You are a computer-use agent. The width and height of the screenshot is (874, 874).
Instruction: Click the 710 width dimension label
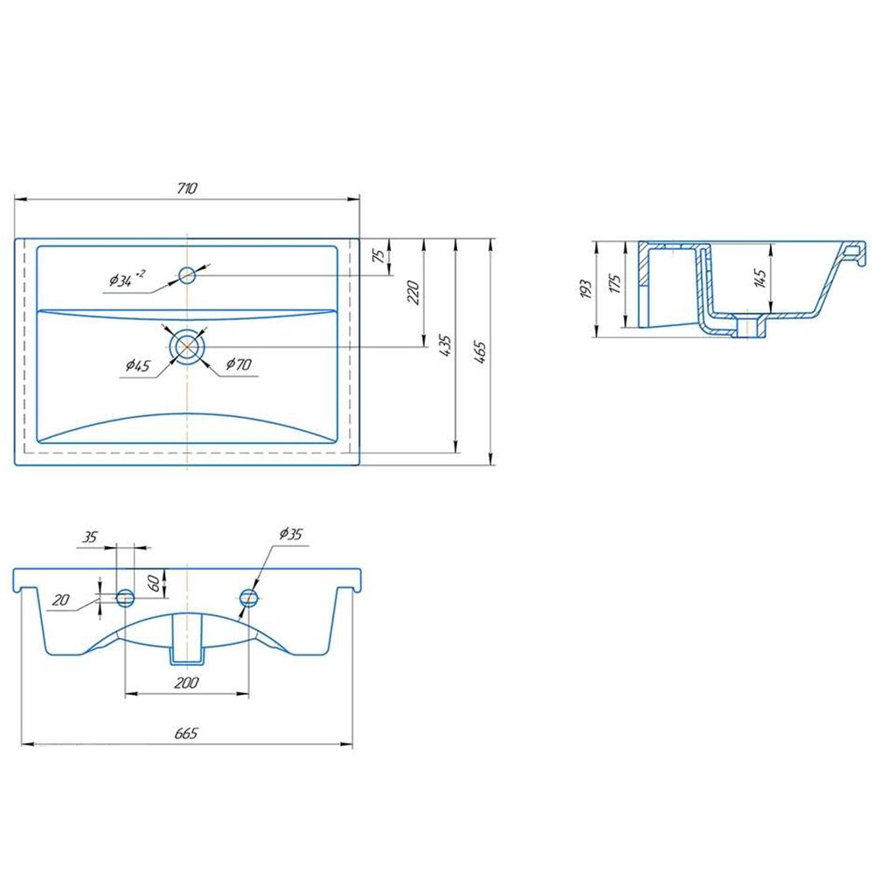(187, 189)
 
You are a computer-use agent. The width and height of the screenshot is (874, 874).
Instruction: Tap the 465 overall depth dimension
(480, 352)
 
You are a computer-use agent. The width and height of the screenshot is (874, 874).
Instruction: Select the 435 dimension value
(446, 346)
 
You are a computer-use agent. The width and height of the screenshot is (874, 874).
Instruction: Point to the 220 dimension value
(413, 292)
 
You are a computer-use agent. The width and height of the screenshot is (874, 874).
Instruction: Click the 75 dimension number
(378, 256)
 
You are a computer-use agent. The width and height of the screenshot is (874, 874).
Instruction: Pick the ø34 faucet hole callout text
(128, 278)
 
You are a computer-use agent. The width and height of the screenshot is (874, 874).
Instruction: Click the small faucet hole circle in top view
(187, 274)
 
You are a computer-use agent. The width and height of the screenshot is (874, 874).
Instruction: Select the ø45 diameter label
(137, 365)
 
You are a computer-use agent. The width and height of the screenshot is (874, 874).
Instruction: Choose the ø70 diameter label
(239, 364)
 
